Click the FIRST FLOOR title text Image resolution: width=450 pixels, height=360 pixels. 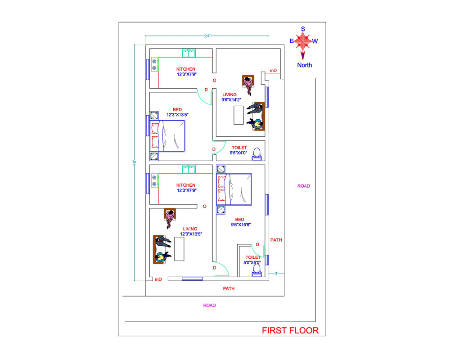click(x=290, y=330)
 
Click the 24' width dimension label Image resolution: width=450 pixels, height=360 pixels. click(x=207, y=36)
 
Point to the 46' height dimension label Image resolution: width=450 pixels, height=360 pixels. click(x=134, y=162)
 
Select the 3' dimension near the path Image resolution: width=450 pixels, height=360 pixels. click(x=276, y=274)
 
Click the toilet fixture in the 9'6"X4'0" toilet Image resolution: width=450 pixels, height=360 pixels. click(x=256, y=154)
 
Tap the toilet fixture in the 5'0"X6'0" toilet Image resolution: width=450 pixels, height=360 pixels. click(x=256, y=270)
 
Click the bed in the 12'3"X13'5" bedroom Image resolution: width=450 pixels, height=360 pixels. click(x=167, y=136)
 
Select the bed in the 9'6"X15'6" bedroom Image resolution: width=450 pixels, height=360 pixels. click(x=234, y=189)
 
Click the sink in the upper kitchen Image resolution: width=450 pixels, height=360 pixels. click(x=189, y=53)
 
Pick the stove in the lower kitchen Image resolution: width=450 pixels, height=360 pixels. click(x=155, y=180)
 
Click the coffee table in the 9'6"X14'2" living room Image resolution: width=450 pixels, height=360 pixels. click(x=238, y=115)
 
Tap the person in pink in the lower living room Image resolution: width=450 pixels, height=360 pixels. click(x=170, y=218)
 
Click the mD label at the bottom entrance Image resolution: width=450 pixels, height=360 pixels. click(x=158, y=279)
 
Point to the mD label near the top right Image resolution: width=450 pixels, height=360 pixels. click(x=273, y=70)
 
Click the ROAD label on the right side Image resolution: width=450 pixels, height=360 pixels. click(x=304, y=186)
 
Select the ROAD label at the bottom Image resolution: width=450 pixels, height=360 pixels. click(x=210, y=306)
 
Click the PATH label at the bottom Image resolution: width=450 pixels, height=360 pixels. click(x=229, y=288)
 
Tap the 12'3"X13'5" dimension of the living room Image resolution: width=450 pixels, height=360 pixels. click(x=191, y=234)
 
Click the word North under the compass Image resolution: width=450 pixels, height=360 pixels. click(x=305, y=65)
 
